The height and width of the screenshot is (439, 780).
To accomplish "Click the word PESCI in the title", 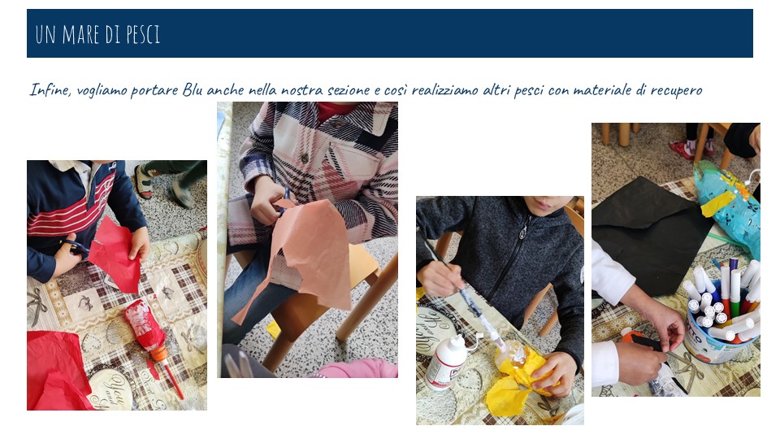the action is [143, 34].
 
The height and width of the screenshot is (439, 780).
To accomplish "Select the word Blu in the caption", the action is [193, 89].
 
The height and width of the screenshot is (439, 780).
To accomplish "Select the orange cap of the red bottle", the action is [159, 354].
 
